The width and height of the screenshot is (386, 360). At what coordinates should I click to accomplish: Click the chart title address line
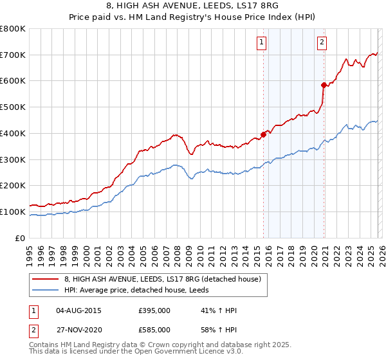coord(192,6)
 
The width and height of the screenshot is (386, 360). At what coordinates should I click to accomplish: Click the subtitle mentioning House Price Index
coord(192,17)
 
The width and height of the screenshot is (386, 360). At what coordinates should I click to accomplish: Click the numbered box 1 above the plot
coord(262,43)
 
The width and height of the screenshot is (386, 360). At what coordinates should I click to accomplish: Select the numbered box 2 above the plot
coord(321,43)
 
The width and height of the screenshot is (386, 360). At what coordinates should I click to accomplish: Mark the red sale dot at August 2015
coord(263,134)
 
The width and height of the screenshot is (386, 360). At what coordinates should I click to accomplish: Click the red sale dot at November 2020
coord(324,84)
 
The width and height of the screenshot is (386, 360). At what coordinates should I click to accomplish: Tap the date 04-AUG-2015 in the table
coord(80,310)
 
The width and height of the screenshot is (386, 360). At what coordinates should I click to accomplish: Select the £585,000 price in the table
coord(154,329)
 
